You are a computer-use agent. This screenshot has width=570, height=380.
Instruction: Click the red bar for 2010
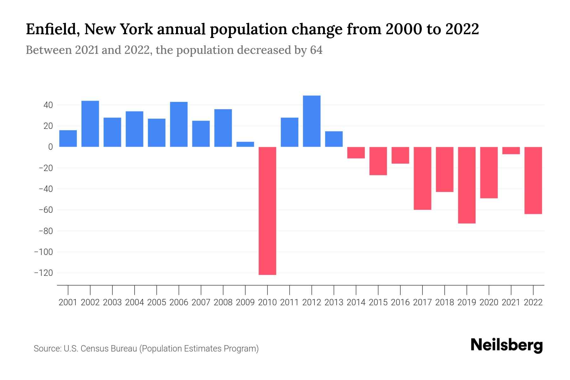[267, 211]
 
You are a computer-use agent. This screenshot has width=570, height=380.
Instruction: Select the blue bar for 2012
[312, 121]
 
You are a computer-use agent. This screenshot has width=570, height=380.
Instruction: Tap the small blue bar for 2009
[245, 144]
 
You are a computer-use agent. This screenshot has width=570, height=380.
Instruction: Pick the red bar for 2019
[467, 185]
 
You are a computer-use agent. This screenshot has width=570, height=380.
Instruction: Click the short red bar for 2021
[511, 151]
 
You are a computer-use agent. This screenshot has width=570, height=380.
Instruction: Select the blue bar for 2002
[90, 124]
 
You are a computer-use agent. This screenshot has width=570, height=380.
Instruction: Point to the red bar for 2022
[533, 180]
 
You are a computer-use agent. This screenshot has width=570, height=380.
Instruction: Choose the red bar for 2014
[356, 153]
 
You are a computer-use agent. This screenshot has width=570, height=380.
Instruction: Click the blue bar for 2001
[68, 139]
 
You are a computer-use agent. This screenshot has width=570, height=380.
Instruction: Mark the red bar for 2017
[422, 178]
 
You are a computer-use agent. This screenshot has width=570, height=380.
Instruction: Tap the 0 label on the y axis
[50, 147]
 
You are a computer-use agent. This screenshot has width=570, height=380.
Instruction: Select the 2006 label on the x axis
[179, 302]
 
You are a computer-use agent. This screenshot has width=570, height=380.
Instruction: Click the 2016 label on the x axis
[400, 302]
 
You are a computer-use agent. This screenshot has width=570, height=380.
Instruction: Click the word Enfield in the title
[52, 29]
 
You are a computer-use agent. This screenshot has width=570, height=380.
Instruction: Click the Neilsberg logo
[507, 345]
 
